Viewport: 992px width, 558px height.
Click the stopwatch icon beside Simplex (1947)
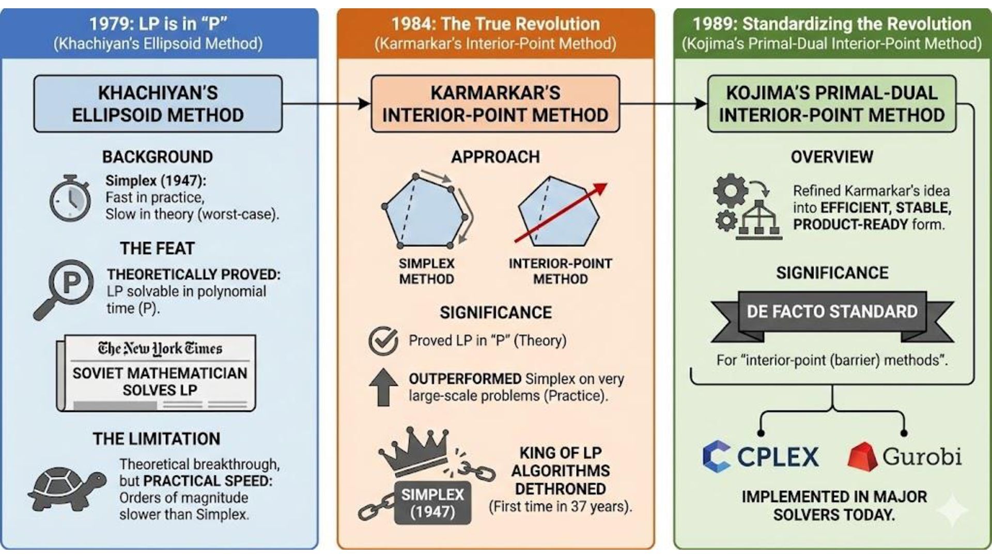pyautogui.click(x=70, y=199)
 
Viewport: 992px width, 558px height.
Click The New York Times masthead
pyautogui.click(x=160, y=349)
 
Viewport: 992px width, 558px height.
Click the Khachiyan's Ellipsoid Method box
pyautogui.click(x=158, y=104)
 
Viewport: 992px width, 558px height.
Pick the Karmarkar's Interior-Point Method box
pyautogui.click(x=495, y=104)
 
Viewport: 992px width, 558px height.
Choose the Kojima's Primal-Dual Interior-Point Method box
pyautogui.click(x=831, y=104)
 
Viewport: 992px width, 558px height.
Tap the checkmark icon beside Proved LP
pyautogui.click(x=383, y=341)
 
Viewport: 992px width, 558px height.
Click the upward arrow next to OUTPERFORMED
pyautogui.click(x=383, y=387)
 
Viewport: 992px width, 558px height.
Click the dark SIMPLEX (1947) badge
pyautogui.click(x=432, y=503)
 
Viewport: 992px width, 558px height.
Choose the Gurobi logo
pyautogui.click(x=904, y=457)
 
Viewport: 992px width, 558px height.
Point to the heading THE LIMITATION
pyautogui.click(x=157, y=439)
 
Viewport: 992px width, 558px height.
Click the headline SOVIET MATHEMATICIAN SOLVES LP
pyautogui.click(x=160, y=381)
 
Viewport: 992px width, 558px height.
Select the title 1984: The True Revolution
pyautogui.click(x=495, y=24)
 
